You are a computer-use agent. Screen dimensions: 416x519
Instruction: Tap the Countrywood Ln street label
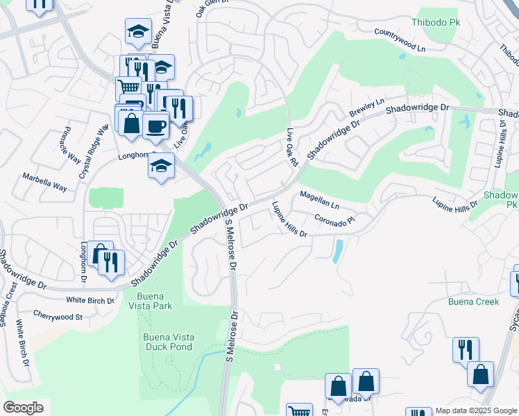coord(399,41)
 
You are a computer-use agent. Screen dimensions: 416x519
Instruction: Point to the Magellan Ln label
coord(319,200)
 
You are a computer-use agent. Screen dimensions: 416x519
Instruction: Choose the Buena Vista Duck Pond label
coord(167,342)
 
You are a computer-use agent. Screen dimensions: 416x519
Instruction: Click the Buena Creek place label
coord(473,302)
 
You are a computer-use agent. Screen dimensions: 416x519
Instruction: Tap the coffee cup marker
coord(156,125)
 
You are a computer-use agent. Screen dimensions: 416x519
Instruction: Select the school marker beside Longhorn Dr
coord(161,167)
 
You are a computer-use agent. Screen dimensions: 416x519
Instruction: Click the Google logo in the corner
coord(23,408)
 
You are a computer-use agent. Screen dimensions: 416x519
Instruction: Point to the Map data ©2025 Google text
coord(476,410)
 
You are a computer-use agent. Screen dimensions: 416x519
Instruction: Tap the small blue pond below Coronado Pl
coord(337,250)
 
